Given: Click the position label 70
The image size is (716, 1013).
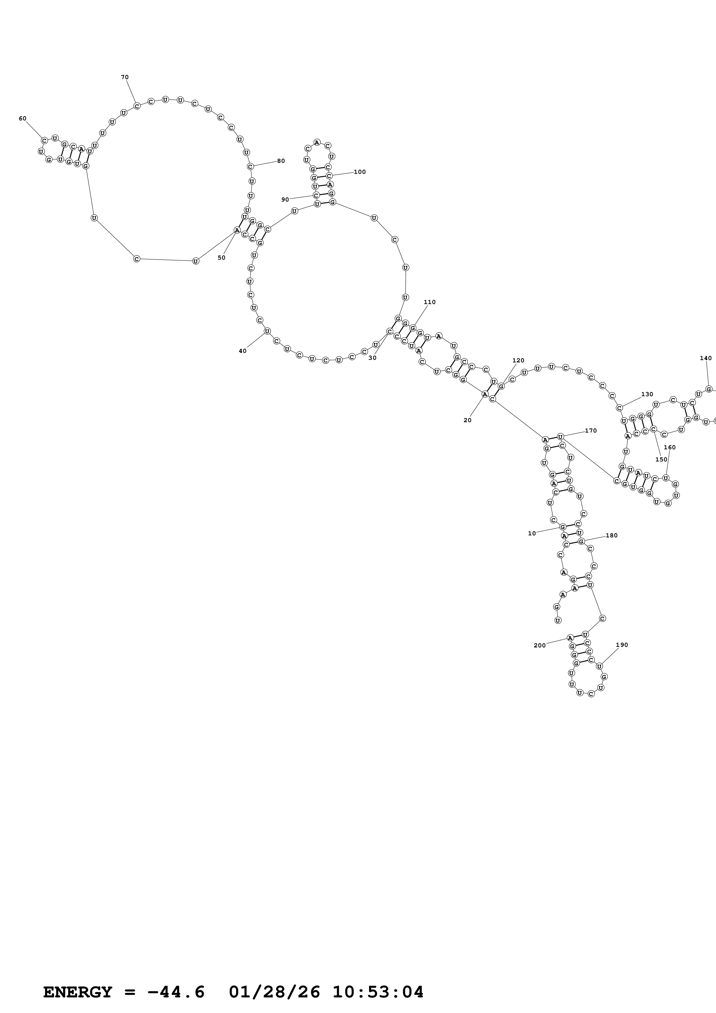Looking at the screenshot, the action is click(125, 77).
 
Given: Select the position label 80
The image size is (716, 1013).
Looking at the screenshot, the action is click(281, 161).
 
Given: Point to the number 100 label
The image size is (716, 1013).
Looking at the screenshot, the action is click(360, 172).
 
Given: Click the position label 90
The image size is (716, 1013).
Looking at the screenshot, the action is click(285, 200).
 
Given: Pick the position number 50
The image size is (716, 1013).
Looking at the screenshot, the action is click(222, 258).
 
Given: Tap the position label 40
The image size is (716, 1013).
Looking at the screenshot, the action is click(243, 351).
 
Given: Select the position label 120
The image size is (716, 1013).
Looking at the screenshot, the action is click(518, 360).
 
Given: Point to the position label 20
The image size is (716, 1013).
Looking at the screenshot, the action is click(468, 420).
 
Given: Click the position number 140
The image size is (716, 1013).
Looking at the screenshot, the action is click(706, 358).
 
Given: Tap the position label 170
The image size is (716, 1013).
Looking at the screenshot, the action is click(591, 431).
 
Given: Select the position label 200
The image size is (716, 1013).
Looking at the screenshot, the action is click(540, 645).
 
